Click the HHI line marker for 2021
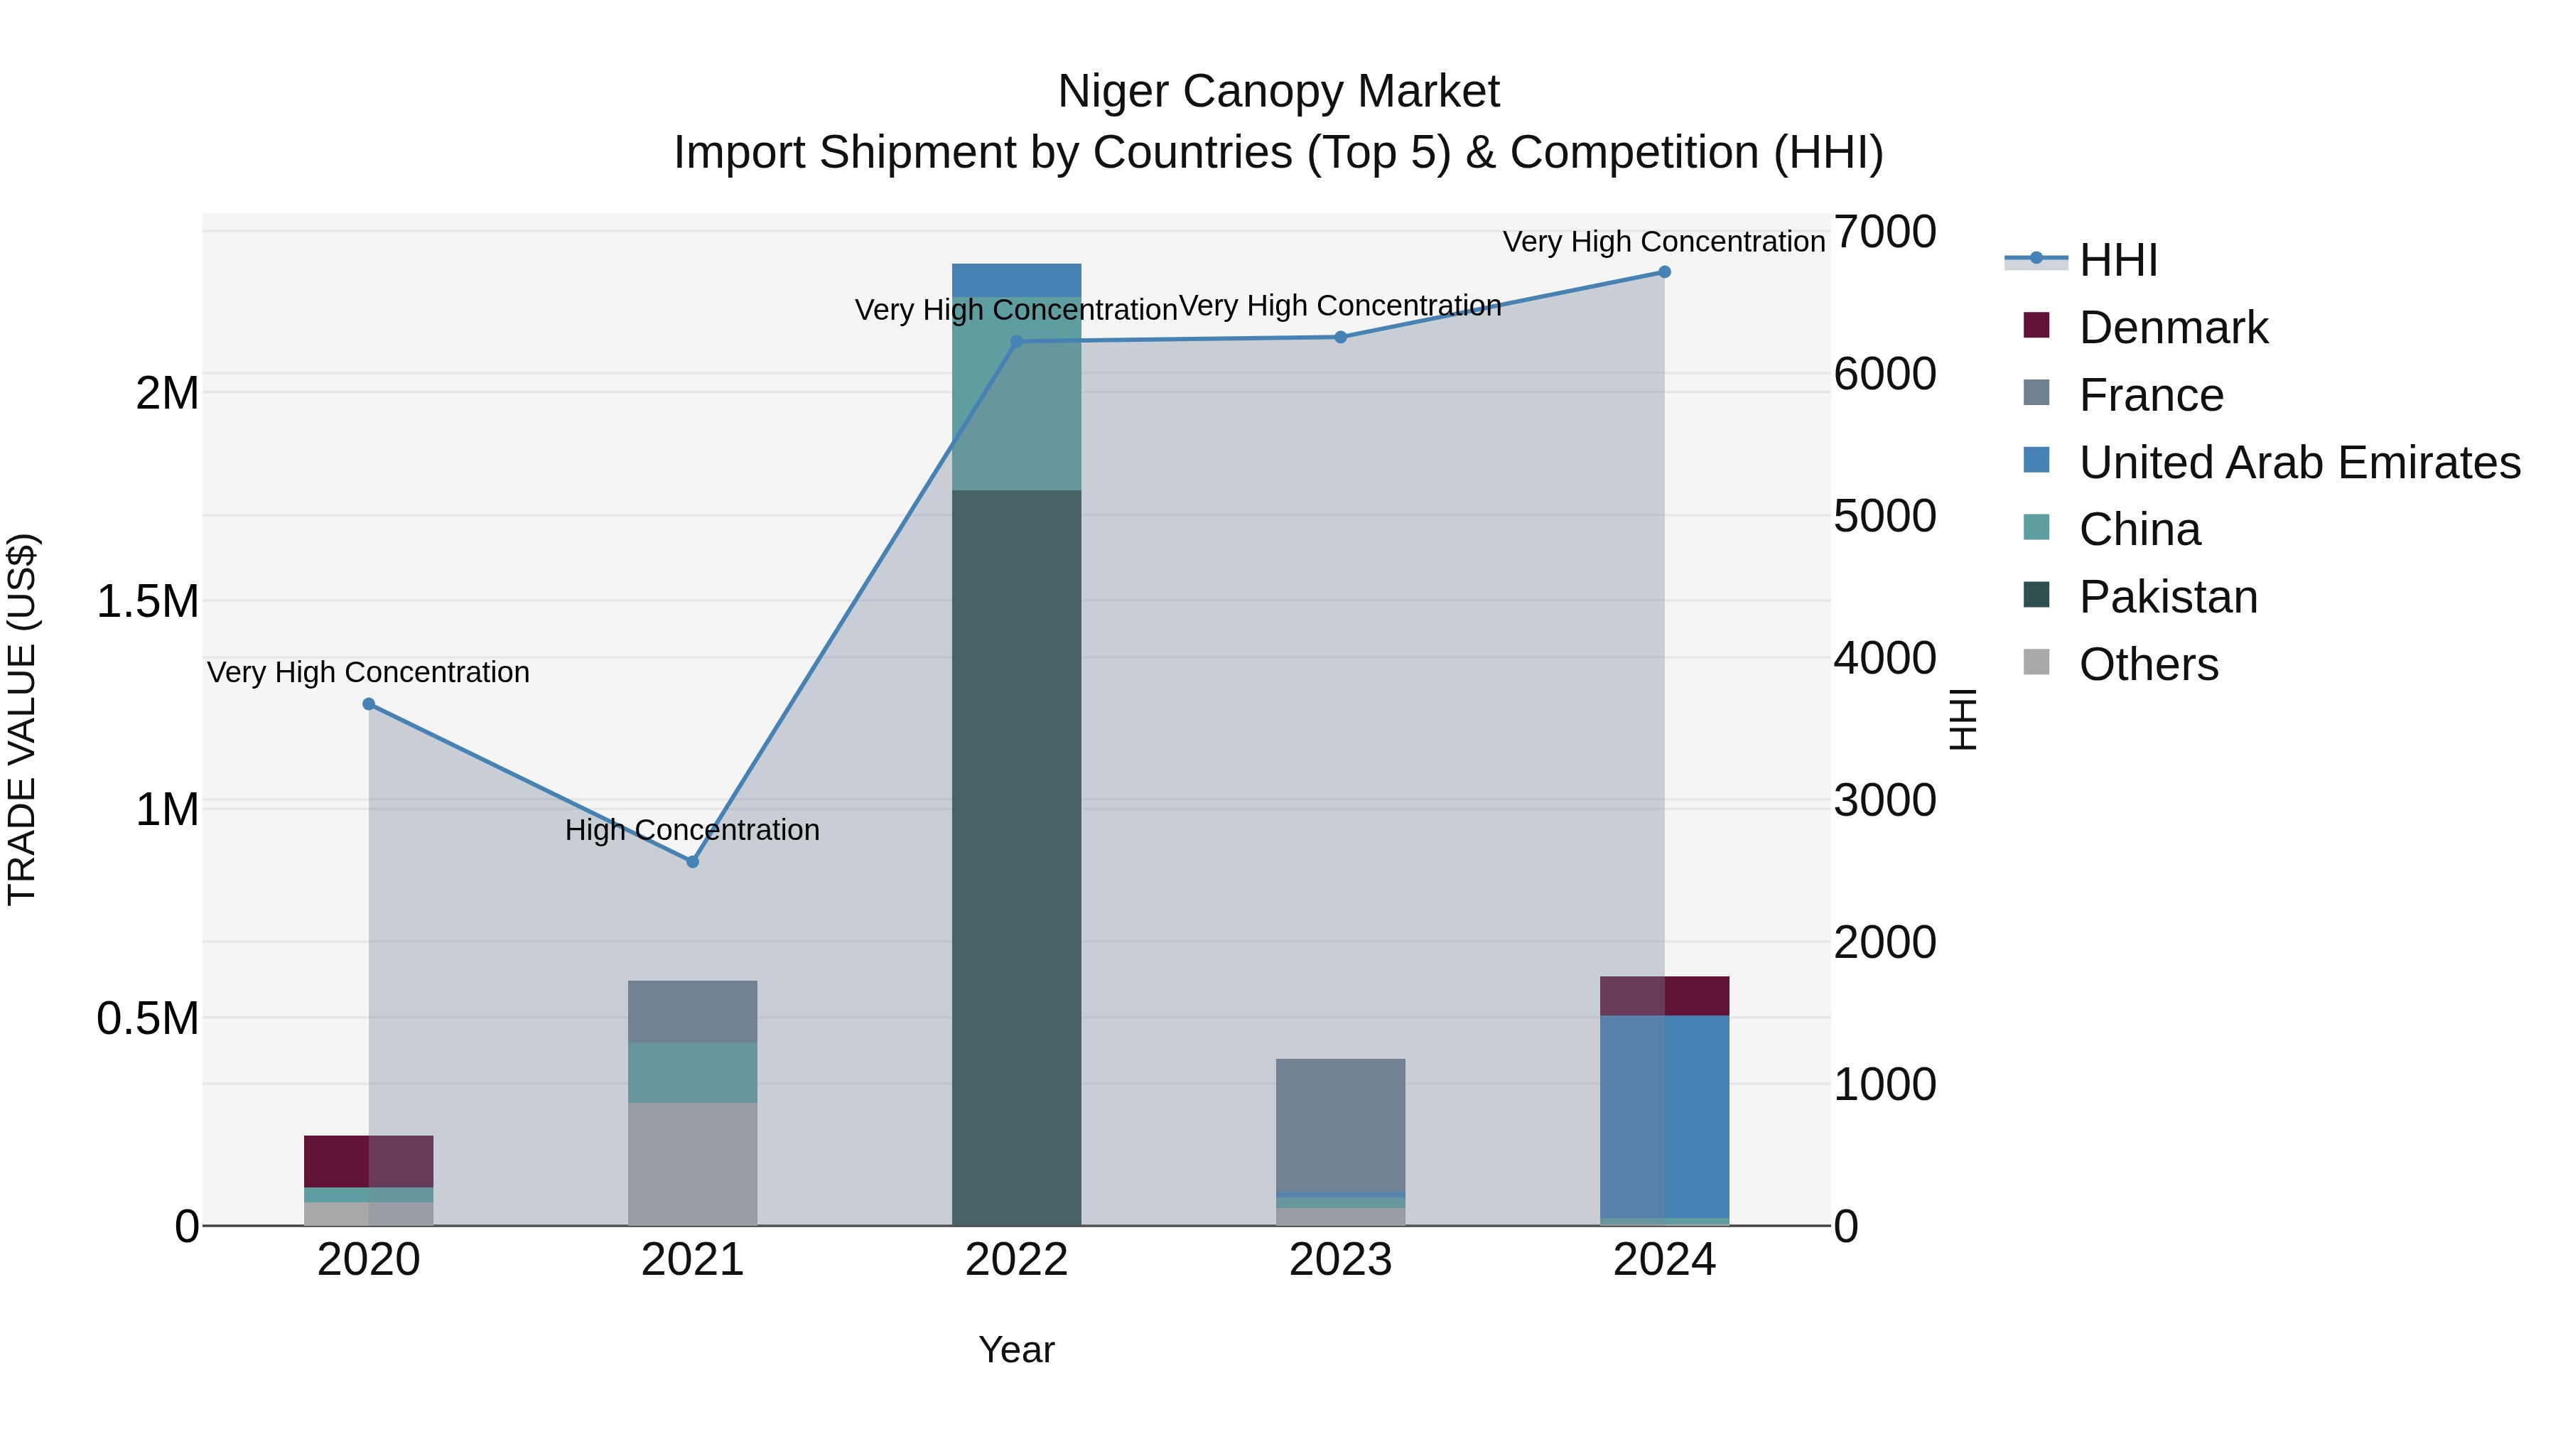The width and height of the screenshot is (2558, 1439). pyautogui.click(x=692, y=861)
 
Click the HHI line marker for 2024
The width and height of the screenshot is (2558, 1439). pyautogui.click(x=1664, y=272)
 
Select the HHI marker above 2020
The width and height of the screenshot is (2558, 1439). pyautogui.click(x=368, y=704)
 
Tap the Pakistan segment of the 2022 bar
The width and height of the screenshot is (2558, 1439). pyautogui.click(x=1016, y=854)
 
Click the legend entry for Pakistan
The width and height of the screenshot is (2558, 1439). pyautogui.click(x=2168, y=597)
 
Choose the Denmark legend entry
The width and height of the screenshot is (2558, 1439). pyautogui.click(x=2173, y=328)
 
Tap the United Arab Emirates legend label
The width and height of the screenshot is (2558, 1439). pyautogui.click(x=2299, y=463)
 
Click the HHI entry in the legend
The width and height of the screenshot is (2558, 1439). pyautogui.click(x=2117, y=260)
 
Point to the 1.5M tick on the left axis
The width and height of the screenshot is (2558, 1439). pyautogui.click(x=148, y=602)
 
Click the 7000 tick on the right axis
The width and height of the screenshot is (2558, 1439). pyautogui.click(x=1884, y=232)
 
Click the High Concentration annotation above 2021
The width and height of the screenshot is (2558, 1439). pyautogui.click(x=692, y=829)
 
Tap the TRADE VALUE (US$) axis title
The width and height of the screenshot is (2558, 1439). pyautogui.click(x=22, y=719)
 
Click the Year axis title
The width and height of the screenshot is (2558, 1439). pyautogui.click(x=1016, y=1349)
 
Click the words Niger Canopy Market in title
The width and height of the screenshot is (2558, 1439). pyautogui.click(x=1278, y=92)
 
